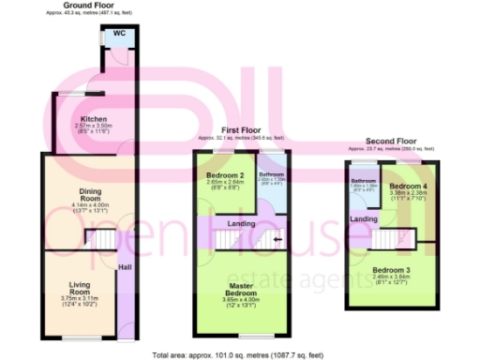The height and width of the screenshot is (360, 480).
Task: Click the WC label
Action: pos(119,34)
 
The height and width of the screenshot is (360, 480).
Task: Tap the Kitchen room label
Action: pos(92,120)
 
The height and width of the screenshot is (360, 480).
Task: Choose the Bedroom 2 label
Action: pos(225,175)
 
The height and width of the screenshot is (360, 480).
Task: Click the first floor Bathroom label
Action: pos(272,174)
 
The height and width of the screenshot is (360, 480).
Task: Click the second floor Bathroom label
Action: pos(363,180)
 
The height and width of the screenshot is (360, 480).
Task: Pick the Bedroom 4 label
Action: pos(408,186)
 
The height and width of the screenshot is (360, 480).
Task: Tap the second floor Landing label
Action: pos(364,219)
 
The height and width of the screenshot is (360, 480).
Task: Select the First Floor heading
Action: pos(241,132)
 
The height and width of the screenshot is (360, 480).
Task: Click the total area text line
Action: pos(240,353)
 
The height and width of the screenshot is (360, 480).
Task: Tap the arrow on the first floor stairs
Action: pos(277,239)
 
